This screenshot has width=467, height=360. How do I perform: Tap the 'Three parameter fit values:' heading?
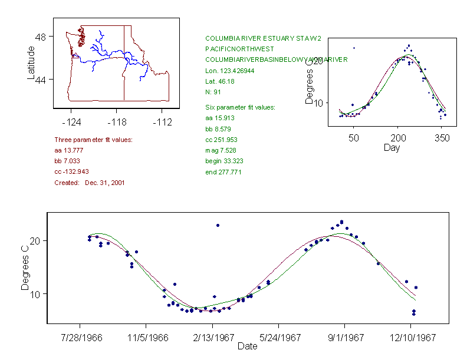point(93,140)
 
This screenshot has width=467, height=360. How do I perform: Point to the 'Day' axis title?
point(391,147)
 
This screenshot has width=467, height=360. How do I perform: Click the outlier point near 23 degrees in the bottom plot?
point(218,225)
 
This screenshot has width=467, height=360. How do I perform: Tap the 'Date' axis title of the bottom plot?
point(247,346)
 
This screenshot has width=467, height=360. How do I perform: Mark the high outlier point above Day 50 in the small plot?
point(354,48)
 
